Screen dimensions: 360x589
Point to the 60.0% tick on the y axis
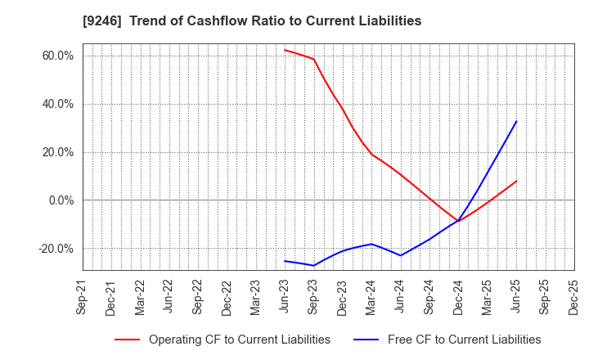pyautogui.click(x=58, y=56)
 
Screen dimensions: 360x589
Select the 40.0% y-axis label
pyautogui.click(x=58, y=104)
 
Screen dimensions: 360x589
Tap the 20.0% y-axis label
pyautogui.click(x=58, y=152)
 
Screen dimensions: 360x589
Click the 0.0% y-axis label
pyautogui.click(x=61, y=200)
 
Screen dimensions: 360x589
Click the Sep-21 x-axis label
pyautogui.click(x=83, y=297)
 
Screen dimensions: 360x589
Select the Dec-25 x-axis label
pyautogui.click(x=574, y=297)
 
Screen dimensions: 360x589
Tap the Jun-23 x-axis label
pyautogui.click(x=285, y=297)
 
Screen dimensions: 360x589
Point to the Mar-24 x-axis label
pyautogui.click(x=371, y=297)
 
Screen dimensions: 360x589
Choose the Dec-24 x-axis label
pyautogui.click(x=458, y=297)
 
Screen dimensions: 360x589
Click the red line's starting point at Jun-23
pyautogui.click(x=285, y=50)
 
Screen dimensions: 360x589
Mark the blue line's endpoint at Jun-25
pyautogui.click(x=516, y=121)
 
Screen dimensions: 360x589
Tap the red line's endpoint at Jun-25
pyautogui.click(x=516, y=181)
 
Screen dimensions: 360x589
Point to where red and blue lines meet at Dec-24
pyautogui.click(x=458, y=221)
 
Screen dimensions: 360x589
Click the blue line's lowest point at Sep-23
pyautogui.click(x=313, y=265)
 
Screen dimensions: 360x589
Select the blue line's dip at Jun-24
pyautogui.click(x=400, y=255)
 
